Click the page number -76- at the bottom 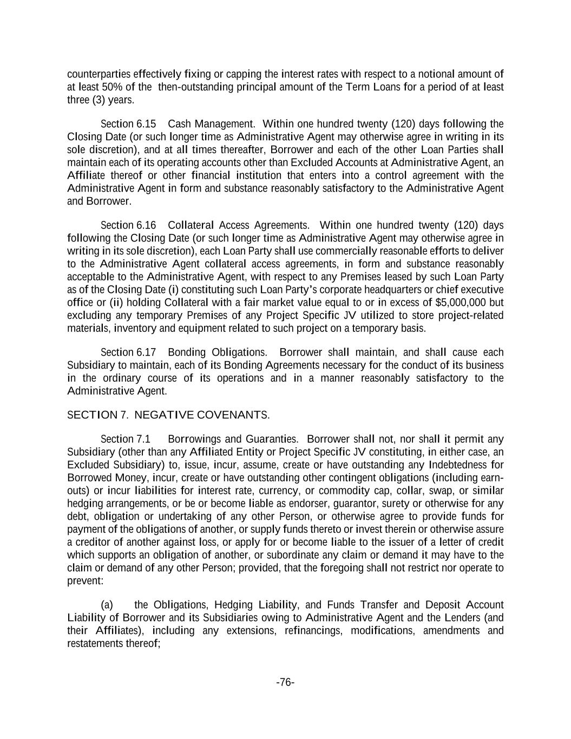[285, 682]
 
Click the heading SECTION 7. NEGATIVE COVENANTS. [168, 415]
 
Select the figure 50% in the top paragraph [113, 87]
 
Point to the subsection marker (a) [107, 605]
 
